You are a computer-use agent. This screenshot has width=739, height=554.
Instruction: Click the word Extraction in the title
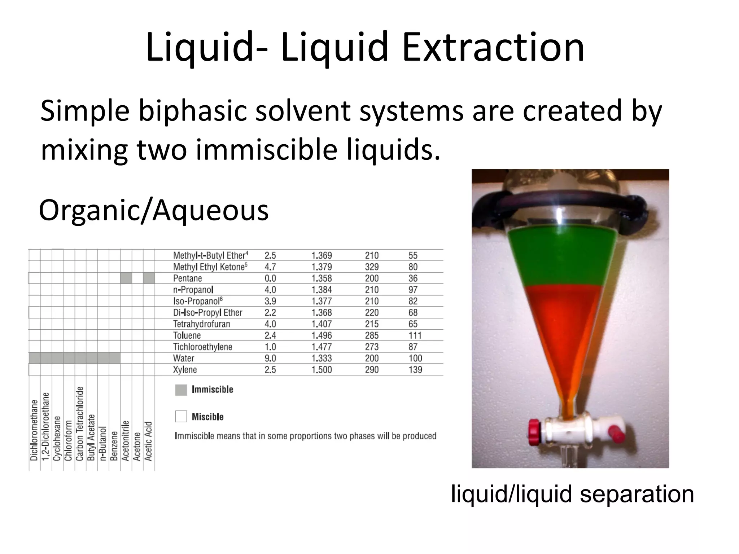click(493, 48)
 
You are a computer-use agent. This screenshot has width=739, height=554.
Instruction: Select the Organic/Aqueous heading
click(154, 211)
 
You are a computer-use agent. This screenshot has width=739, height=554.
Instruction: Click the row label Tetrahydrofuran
click(201, 324)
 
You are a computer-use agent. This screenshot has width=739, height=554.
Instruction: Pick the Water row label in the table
click(183, 358)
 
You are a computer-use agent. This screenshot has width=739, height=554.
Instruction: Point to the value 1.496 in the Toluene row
click(322, 335)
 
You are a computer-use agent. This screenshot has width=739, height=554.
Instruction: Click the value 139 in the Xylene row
click(415, 370)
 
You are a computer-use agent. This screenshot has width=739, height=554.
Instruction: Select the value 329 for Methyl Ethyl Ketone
click(372, 267)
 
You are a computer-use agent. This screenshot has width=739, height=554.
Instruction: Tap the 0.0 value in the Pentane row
click(270, 278)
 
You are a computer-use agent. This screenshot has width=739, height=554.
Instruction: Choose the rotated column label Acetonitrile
click(126, 440)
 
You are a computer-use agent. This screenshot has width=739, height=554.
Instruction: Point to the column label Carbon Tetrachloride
click(80, 423)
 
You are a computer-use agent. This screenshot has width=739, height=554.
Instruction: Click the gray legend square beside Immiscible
click(181, 390)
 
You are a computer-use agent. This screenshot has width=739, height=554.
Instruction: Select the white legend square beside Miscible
click(181, 417)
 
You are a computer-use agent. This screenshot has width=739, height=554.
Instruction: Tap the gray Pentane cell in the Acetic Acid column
click(149, 278)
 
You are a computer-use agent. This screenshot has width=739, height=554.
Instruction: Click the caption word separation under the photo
click(637, 494)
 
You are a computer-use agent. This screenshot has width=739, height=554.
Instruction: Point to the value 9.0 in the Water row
click(270, 358)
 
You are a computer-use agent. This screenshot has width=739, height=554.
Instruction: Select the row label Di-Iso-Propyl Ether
click(207, 313)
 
